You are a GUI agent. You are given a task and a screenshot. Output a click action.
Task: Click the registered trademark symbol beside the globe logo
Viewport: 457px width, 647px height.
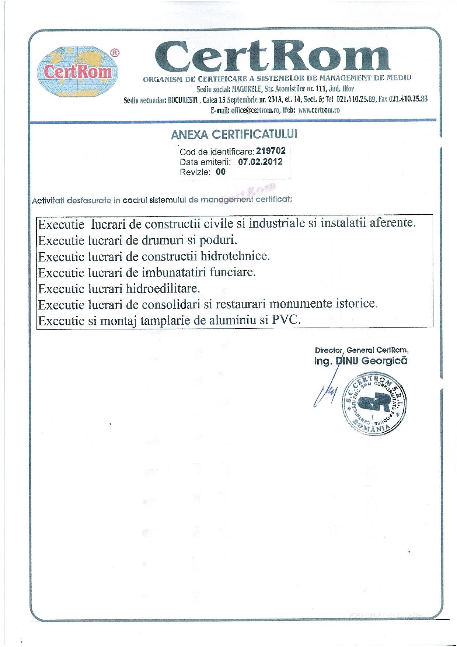[115, 53]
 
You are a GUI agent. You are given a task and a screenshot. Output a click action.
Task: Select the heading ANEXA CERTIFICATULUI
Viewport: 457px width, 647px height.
[234, 135]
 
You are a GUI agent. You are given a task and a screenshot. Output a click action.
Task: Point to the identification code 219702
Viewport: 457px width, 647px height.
[271, 151]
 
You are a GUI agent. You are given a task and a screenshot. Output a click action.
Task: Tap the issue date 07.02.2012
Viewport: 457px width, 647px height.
[260, 162]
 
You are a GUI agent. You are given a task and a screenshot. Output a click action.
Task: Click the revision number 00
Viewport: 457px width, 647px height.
[221, 172]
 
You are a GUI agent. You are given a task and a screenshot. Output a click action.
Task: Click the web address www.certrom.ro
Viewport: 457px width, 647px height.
[319, 110]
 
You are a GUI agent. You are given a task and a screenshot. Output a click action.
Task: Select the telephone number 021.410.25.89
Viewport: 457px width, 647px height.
[356, 99]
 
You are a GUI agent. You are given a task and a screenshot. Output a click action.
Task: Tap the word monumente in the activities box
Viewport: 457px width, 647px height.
[296, 304]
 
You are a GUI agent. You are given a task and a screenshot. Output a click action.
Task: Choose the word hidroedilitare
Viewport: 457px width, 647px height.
[163, 288]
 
